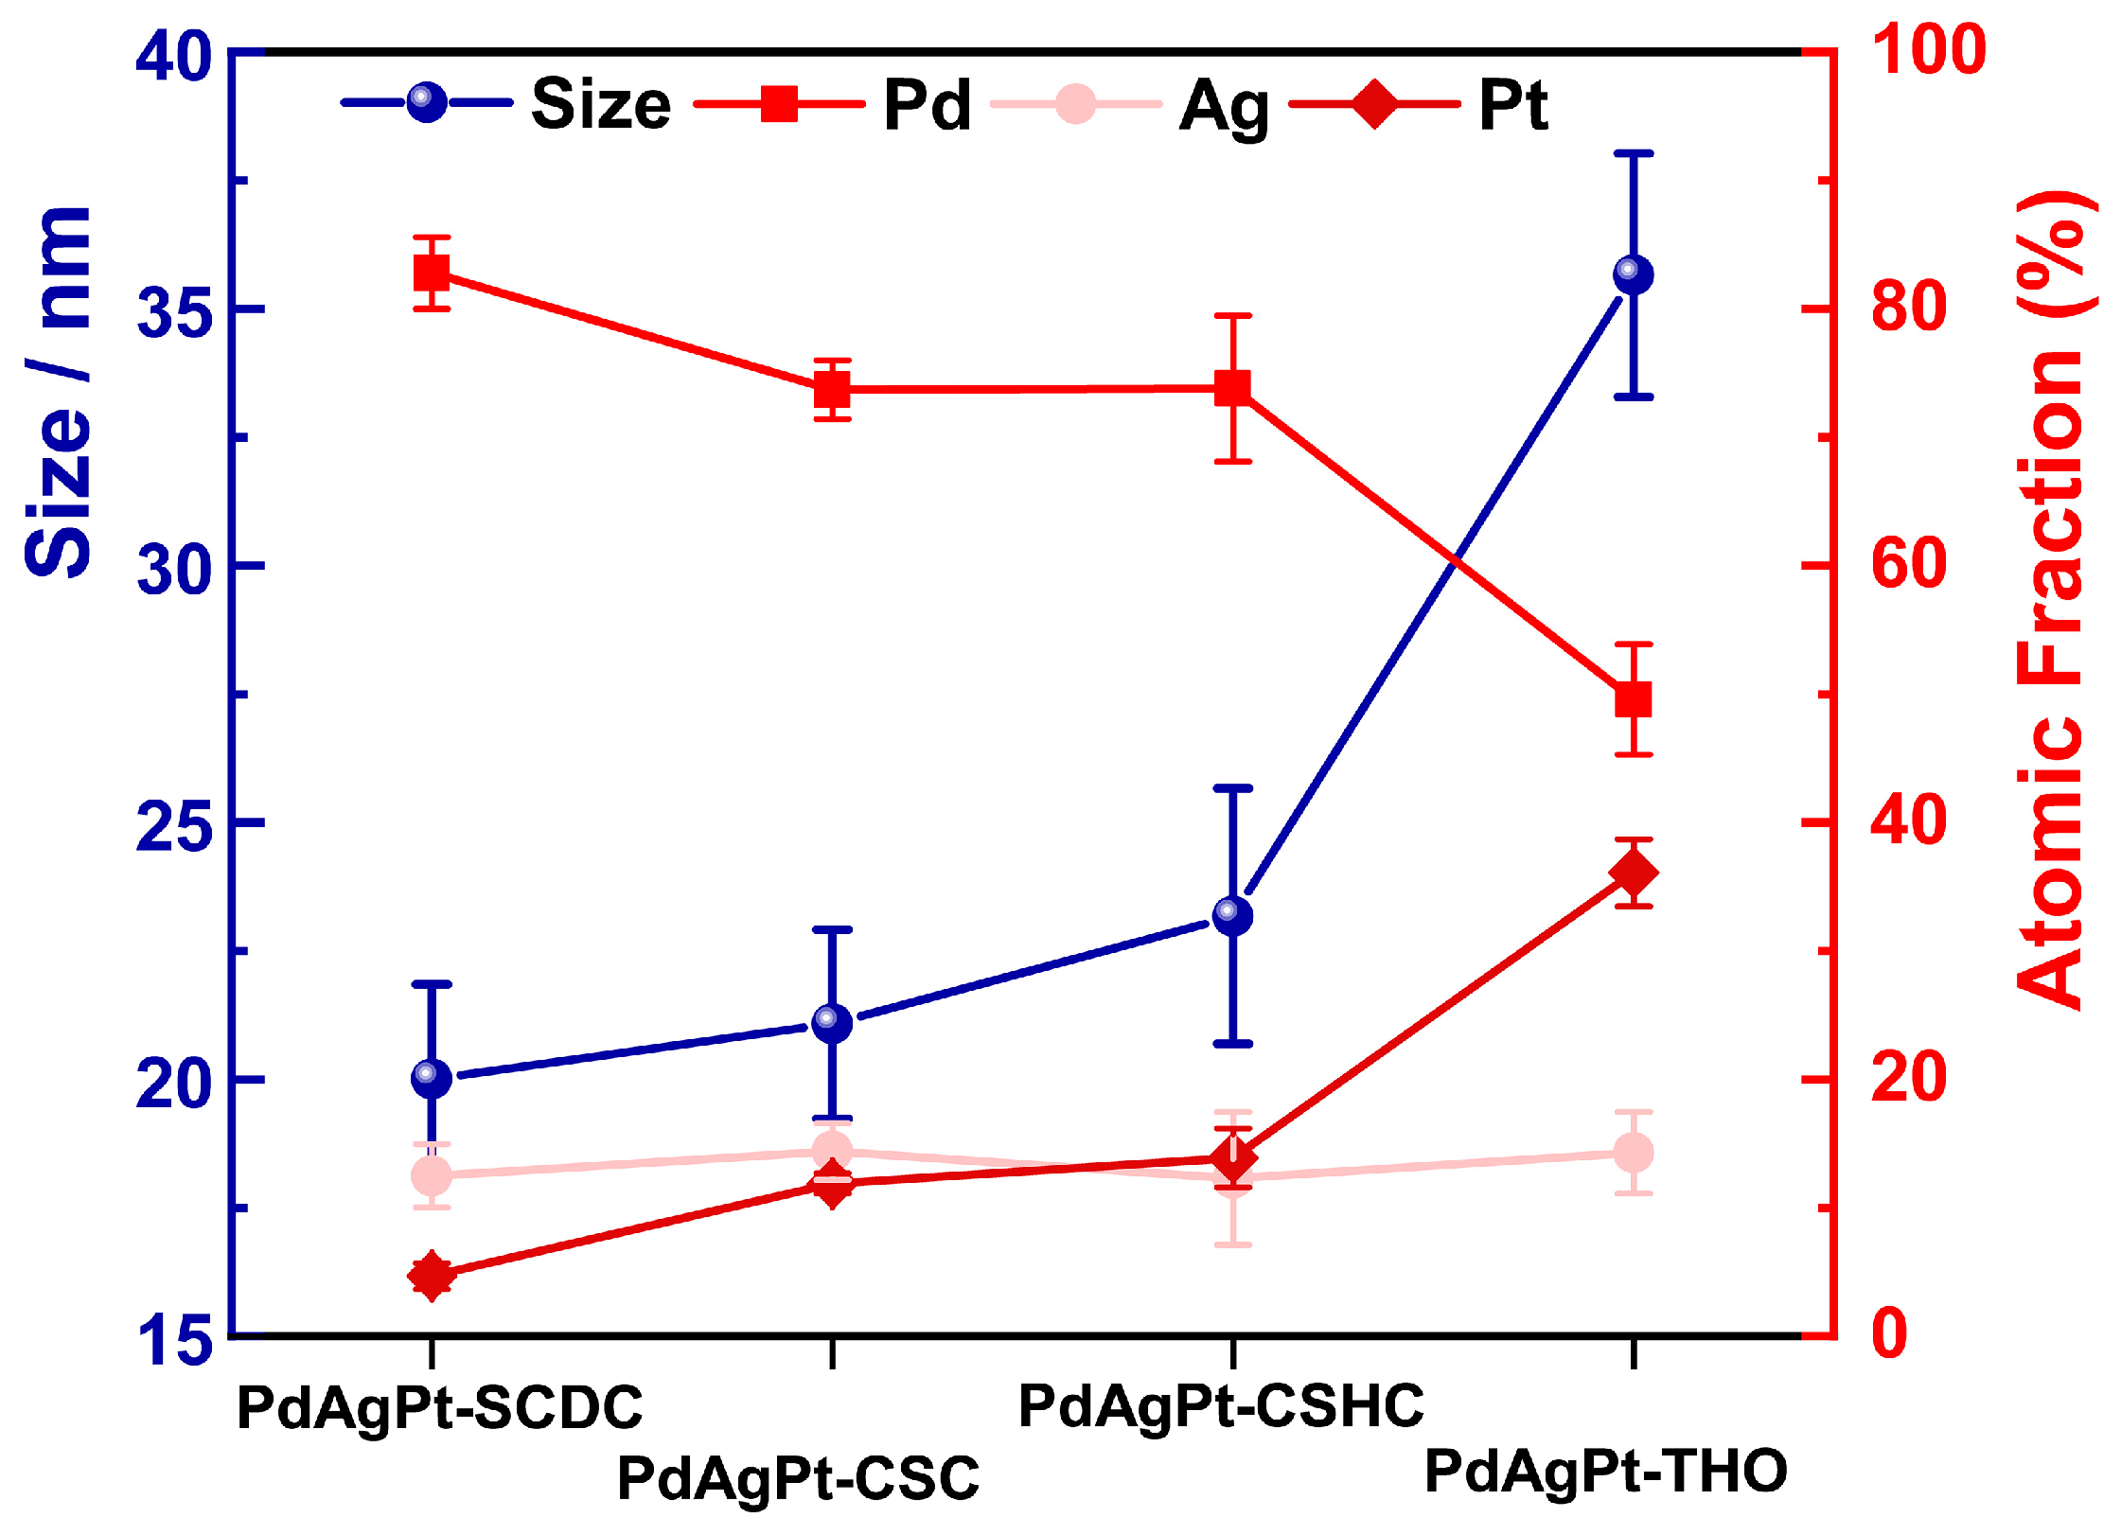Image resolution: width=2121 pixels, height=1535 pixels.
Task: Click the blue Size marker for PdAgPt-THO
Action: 1633,275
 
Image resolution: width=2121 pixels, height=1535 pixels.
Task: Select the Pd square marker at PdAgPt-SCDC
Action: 432,273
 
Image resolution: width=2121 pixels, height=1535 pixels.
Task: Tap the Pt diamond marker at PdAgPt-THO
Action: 1634,873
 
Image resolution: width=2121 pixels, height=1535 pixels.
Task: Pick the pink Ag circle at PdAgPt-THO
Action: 1634,1153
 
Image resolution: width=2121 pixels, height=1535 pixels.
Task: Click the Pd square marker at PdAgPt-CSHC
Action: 1233,388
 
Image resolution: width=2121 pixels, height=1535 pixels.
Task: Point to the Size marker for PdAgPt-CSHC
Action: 1232,915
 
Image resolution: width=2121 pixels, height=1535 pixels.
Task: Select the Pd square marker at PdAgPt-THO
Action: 1634,700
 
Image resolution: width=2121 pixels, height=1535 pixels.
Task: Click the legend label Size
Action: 601,104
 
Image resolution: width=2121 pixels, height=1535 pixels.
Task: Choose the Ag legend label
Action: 1224,106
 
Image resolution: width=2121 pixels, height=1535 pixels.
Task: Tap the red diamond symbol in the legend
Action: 1374,103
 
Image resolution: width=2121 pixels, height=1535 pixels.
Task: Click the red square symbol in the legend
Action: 779,103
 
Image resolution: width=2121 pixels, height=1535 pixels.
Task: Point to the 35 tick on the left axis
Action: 174,310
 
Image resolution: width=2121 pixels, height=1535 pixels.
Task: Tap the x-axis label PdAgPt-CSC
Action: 798,1478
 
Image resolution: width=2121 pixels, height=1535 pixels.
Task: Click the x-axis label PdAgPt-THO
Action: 1605,1472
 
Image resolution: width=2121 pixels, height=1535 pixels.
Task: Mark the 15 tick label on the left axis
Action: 174,1340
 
